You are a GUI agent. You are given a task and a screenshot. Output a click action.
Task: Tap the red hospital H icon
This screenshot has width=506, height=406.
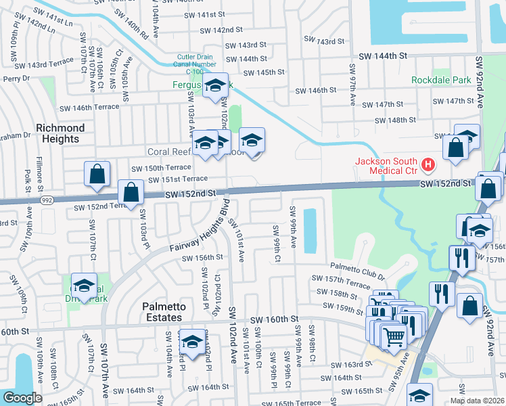point(427,164)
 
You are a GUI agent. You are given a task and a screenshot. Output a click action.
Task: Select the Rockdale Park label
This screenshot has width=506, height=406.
point(441,80)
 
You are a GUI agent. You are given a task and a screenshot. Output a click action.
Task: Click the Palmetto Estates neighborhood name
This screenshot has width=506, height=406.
point(163,312)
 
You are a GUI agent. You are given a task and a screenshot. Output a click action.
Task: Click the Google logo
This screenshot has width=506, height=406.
point(22,398)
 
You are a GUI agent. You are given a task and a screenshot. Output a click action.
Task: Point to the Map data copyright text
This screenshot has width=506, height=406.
point(477,401)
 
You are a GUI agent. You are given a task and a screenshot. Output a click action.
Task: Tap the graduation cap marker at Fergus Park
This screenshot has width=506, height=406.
point(215,86)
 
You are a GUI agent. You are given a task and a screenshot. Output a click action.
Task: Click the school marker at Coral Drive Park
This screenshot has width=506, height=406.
point(84,286)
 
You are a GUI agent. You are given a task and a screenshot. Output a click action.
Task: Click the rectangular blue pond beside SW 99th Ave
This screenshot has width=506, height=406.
point(310,230)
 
